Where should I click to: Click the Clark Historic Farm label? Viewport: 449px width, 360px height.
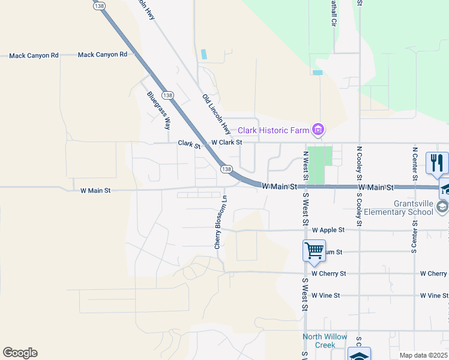click(273, 130)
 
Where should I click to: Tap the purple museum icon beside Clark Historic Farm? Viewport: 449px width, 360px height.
click(318, 130)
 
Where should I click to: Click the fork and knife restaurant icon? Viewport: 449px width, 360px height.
click(437, 163)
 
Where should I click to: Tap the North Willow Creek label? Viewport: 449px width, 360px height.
click(325, 341)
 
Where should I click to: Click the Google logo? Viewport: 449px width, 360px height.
click(20, 353)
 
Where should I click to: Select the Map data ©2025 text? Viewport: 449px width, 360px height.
click(423, 355)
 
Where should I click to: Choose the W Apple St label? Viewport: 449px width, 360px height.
click(328, 230)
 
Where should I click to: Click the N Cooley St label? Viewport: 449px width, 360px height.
click(359, 163)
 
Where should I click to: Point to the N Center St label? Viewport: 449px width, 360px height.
click(414, 163)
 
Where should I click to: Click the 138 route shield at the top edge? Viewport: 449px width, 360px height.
click(100, 5)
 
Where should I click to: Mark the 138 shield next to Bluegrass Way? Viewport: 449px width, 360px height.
click(167, 95)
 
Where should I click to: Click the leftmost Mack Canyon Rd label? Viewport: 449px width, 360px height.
click(34, 56)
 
